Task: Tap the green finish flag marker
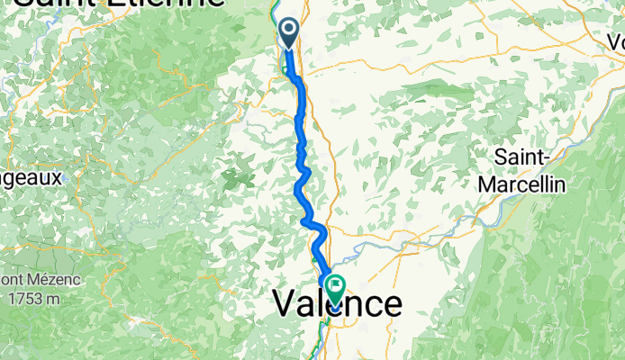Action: (x=336, y=288)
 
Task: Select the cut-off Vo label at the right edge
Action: (x=615, y=41)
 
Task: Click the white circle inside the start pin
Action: (x=289, y=30)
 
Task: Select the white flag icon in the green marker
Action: (x=336, y=285)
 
